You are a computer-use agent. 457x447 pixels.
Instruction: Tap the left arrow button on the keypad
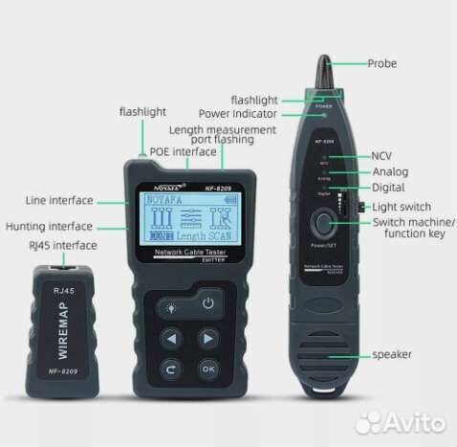[172, 338]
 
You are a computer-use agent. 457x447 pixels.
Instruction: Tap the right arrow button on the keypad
[207, 338]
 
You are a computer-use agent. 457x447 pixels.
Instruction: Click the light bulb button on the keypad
[172, 305]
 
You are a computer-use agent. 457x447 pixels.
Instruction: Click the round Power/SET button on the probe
[325, 226]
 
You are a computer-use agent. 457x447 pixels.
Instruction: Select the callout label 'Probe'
[382, 64]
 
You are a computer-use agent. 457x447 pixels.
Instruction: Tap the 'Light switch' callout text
[402, 207]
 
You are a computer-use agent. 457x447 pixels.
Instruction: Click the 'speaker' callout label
[392, 355]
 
